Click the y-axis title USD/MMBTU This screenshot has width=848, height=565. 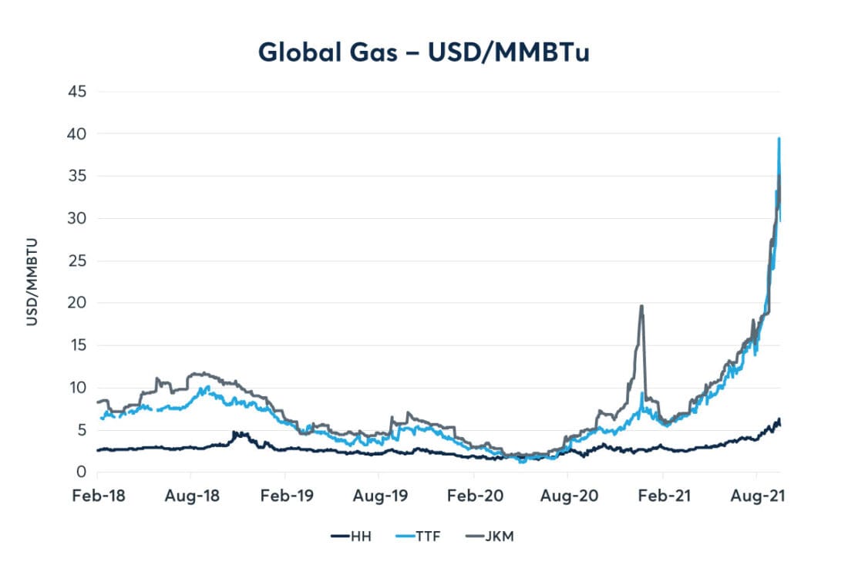tap(32, 282)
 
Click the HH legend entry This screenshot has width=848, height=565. tap(351, 536)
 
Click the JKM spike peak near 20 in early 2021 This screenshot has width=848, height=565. tap(641, 306)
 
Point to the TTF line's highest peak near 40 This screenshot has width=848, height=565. tap(779, 139)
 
